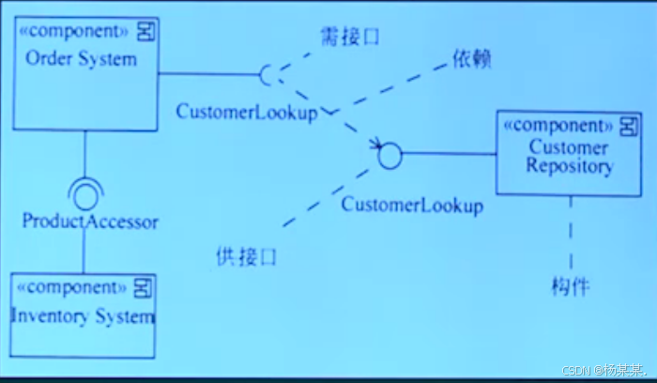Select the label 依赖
click(472, 58)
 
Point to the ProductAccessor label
click(90, 222)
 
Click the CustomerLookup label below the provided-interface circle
click(412, 204)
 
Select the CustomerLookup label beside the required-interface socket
click(247, 111)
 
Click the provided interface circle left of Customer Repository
click(390, 154)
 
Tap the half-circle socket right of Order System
click(267, 74)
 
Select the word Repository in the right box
click(570, 167)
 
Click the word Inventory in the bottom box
click(47, 315)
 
